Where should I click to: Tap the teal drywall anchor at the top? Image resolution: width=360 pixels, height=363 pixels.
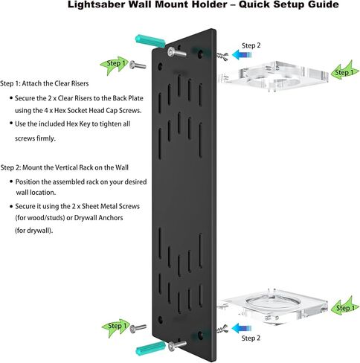pos(150,41)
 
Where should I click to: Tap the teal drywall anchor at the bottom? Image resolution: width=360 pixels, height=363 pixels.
pos(150,348)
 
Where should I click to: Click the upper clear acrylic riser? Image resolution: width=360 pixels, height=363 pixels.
pos(273,76)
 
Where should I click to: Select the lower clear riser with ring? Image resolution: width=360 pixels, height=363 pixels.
pos(273,306)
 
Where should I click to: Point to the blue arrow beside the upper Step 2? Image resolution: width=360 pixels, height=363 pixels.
pos(242,54)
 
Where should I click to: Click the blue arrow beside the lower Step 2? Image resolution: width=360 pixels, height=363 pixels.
pos(242,328)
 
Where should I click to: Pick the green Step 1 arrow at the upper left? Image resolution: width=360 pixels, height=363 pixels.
pos(115,65)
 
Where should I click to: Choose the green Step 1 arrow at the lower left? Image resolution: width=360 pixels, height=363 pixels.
pos(116,328)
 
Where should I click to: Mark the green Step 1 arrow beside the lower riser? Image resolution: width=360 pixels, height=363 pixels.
pos(346,306)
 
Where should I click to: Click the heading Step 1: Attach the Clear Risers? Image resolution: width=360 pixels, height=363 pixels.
pos(45,83)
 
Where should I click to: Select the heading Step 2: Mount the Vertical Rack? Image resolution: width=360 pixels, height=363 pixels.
pos(65,167)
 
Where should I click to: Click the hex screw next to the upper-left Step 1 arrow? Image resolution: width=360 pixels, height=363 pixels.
pos(138,65)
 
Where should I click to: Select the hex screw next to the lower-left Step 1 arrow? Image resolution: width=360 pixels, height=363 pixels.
pos(138,329)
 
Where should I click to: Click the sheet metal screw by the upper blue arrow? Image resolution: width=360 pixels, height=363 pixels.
pos(222,57)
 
